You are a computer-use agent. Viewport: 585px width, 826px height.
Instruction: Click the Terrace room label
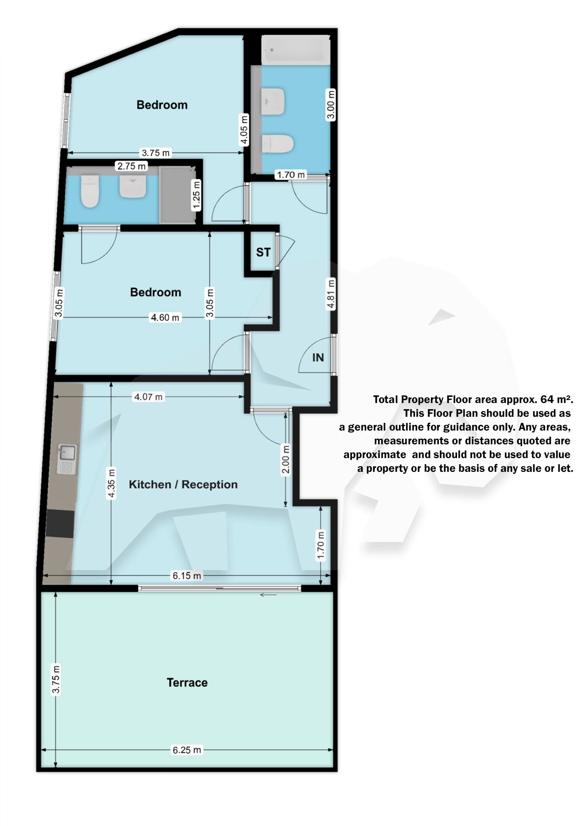(187, 682)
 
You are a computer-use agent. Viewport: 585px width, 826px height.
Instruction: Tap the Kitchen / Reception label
(183, 485)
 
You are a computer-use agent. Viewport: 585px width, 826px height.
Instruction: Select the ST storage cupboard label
(263, 252)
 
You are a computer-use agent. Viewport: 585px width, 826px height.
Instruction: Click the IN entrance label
(318, 357)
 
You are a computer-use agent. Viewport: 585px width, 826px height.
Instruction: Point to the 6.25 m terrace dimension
(187, 750)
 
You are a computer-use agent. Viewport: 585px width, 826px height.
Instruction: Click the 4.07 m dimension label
(148, 396)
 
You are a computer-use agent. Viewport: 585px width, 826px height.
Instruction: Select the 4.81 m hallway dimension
(331, 294)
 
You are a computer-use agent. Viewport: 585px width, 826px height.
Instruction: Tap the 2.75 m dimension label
(131, 166)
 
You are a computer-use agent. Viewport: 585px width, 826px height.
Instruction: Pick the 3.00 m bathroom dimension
(331, 105)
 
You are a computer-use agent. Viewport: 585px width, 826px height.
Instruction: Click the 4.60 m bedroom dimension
(165, 317)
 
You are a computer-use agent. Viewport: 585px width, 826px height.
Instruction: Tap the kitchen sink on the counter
(67, 459)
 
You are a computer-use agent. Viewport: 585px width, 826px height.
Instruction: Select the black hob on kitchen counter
(60, 523)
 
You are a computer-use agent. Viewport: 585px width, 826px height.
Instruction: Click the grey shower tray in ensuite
(178, 195)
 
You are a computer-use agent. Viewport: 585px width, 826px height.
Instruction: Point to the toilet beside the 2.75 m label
(90, 191)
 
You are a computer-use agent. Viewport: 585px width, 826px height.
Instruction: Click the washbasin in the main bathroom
(273, 101)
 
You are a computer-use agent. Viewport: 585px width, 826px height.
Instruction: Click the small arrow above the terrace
(268, 595)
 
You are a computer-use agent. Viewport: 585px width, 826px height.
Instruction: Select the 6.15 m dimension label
(187, 576)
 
